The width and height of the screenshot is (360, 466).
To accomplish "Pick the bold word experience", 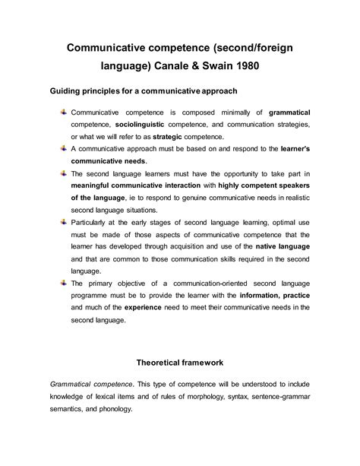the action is tap(114, 307).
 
